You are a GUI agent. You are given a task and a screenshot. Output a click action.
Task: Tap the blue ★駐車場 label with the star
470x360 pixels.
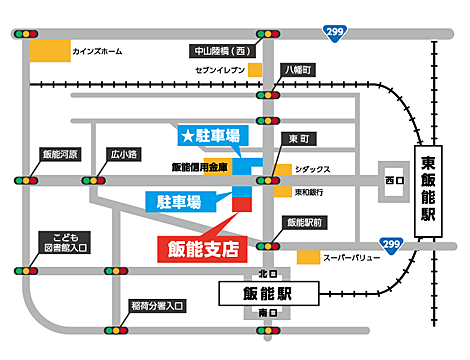(x=210, y=134)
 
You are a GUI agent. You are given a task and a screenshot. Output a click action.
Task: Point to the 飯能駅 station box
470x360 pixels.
(x=267, y=294)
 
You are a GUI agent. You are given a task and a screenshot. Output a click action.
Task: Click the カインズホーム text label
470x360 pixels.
(x=98, y=51)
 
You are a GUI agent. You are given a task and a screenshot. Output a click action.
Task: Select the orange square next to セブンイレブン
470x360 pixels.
(x=255, y=70)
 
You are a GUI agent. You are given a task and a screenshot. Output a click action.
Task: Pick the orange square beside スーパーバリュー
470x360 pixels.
(x=309, y=258)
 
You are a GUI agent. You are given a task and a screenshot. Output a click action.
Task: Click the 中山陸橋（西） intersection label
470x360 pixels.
(x=220, y=50)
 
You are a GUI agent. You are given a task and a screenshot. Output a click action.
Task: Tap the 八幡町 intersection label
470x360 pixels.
(x=298, y=70)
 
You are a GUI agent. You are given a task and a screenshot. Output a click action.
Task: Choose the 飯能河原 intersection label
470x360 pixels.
(x=60, y=155)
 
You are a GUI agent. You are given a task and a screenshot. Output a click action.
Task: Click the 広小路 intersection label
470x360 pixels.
(x=125, y=155)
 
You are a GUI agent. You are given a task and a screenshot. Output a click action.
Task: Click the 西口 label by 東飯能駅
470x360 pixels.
(x=391, y=181)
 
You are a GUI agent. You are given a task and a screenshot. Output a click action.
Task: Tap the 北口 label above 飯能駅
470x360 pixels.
(x=265, y=273)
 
